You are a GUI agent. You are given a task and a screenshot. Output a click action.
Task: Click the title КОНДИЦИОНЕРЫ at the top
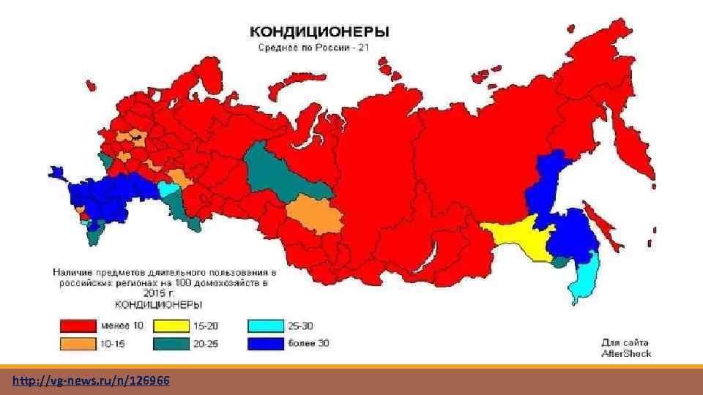[320, 32]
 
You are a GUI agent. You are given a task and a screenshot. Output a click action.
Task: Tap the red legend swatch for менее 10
[78, 324]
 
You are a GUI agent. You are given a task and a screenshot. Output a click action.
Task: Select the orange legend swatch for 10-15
[78, 342]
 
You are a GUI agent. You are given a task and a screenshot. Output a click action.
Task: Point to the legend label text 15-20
[207, 324]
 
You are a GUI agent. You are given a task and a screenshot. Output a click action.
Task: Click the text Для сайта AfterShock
[626, 347]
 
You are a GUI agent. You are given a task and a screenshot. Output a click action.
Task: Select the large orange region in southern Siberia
[311, 215]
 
